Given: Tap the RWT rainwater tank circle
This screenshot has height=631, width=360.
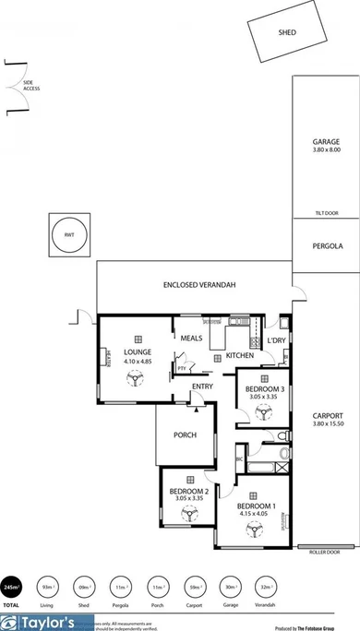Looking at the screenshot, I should tap(69, 235).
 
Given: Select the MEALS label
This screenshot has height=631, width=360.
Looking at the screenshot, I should tap(192, 338).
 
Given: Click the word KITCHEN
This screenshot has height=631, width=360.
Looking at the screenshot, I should tap(240, 355).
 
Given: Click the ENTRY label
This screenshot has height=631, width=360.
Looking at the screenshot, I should tap(203, 386).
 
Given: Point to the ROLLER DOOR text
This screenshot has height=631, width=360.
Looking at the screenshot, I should tap(325, 552).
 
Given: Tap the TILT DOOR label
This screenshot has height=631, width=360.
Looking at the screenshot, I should tap(326, 213).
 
